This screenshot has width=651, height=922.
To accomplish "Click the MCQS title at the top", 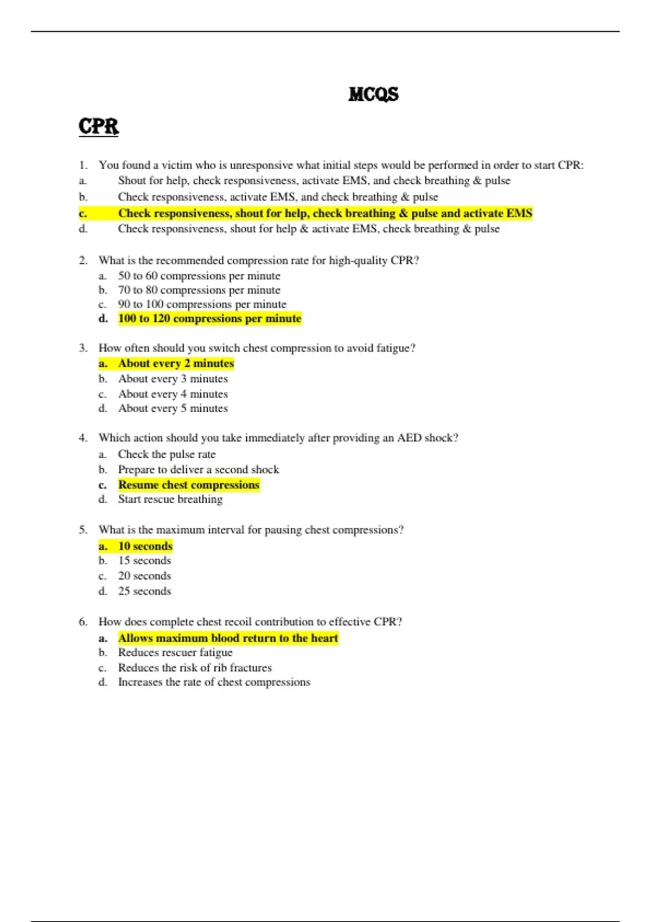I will (x=373, y=94).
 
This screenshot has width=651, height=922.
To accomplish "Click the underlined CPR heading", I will (x=98, y=126).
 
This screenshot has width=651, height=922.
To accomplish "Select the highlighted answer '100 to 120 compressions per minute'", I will (x=209, y=318).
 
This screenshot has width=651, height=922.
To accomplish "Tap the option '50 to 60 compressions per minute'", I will (x=199, y=276).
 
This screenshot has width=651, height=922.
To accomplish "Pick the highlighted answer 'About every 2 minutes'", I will (x=176, y=363).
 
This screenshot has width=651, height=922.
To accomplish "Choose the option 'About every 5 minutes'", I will (x=173, y=408).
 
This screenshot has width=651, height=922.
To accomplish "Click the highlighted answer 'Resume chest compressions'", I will (x=189, y=485).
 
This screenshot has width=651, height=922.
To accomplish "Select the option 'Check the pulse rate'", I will (x=167, y=454).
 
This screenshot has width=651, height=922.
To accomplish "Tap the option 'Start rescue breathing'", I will (x=170, y=499).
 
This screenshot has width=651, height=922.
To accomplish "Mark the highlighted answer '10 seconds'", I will (x=145, y=546).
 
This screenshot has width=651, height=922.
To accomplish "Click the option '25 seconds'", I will (x=144, y=591).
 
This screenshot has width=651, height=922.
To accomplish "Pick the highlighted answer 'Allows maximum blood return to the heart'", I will (x=228, y=638).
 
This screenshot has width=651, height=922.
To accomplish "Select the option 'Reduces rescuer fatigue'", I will (x=175, y=652).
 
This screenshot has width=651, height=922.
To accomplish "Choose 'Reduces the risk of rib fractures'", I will (x=195, y=668).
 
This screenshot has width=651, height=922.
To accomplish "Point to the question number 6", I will (x=83, y=622).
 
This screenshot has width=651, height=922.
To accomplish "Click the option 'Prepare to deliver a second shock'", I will (x=199, y=469).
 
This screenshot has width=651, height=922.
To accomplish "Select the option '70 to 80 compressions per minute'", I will (x=199, y=290).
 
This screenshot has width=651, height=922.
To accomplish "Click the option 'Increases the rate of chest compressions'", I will (x=214, y=682).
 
